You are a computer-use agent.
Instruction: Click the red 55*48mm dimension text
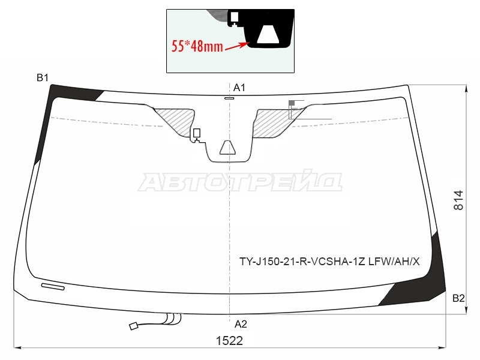[197, 46]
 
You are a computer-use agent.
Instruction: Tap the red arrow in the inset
[237, 46]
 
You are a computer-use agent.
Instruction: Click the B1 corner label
[43, 78]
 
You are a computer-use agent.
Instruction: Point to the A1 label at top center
[239, 88]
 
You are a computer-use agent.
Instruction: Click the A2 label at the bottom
[241, 324]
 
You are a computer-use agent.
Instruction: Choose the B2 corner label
[458, 298]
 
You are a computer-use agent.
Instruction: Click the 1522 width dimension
[229, 341]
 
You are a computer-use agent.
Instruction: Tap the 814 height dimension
[458, 200]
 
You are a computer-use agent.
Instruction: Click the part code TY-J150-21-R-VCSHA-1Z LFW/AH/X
[329, 262]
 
